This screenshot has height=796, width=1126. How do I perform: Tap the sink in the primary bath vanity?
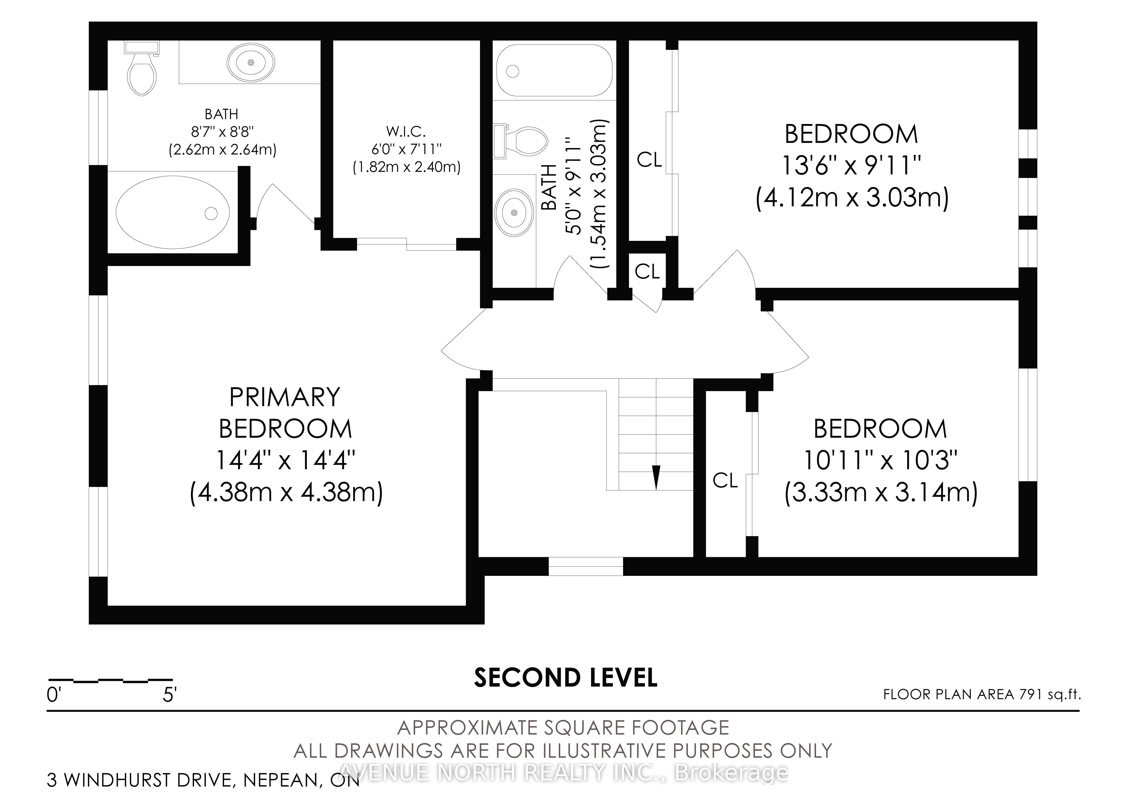(251, 63)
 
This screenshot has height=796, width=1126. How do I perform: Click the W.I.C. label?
(406, 131)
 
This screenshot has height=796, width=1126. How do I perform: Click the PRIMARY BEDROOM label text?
(285, 413)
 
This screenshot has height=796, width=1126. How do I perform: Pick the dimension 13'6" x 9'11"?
(851, 165)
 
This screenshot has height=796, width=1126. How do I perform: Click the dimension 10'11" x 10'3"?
(880, 460)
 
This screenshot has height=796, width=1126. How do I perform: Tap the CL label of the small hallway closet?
(647, 271)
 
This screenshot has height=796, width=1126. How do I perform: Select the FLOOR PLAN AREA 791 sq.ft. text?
(982, 694)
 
